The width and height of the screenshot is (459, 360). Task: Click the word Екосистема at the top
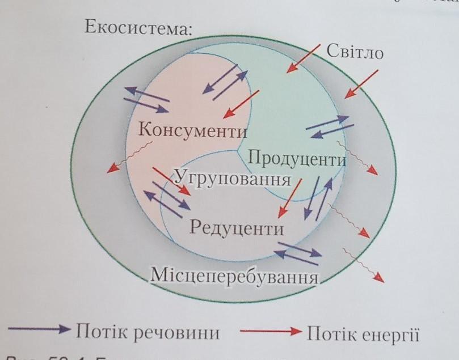tap(138, 27)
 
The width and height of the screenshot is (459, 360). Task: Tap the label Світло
tap(355, 53)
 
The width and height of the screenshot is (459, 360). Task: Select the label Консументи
tap(193, 130)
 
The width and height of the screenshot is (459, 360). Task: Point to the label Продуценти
tap(297, 158)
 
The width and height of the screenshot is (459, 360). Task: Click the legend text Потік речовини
tap(148, 332)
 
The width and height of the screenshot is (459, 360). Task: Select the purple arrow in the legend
tap(40, 330)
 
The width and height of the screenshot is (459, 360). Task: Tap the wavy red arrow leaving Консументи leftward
tap(129, 157)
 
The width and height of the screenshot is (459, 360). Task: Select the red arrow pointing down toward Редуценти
tap(289, 201)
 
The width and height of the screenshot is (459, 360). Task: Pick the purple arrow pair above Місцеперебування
tap(297, 251)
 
